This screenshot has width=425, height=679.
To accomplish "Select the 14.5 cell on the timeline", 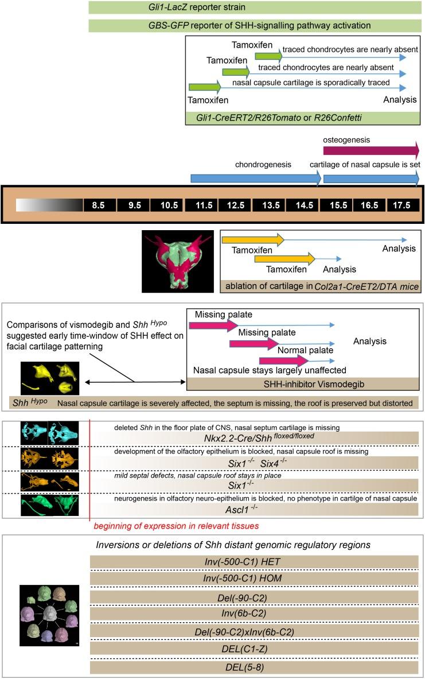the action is point(303,205).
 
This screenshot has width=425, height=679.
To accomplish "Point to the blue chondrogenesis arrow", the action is point(255,178).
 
